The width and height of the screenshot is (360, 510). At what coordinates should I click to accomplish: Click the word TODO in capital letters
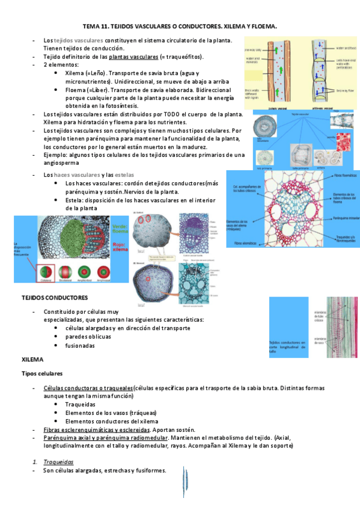pos(172,114)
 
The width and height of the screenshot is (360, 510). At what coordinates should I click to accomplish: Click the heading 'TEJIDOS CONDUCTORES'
pos(55,298)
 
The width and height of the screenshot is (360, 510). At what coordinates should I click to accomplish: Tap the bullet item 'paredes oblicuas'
pos(92,337)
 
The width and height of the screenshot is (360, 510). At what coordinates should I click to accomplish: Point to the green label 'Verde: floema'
pos(120,228)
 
